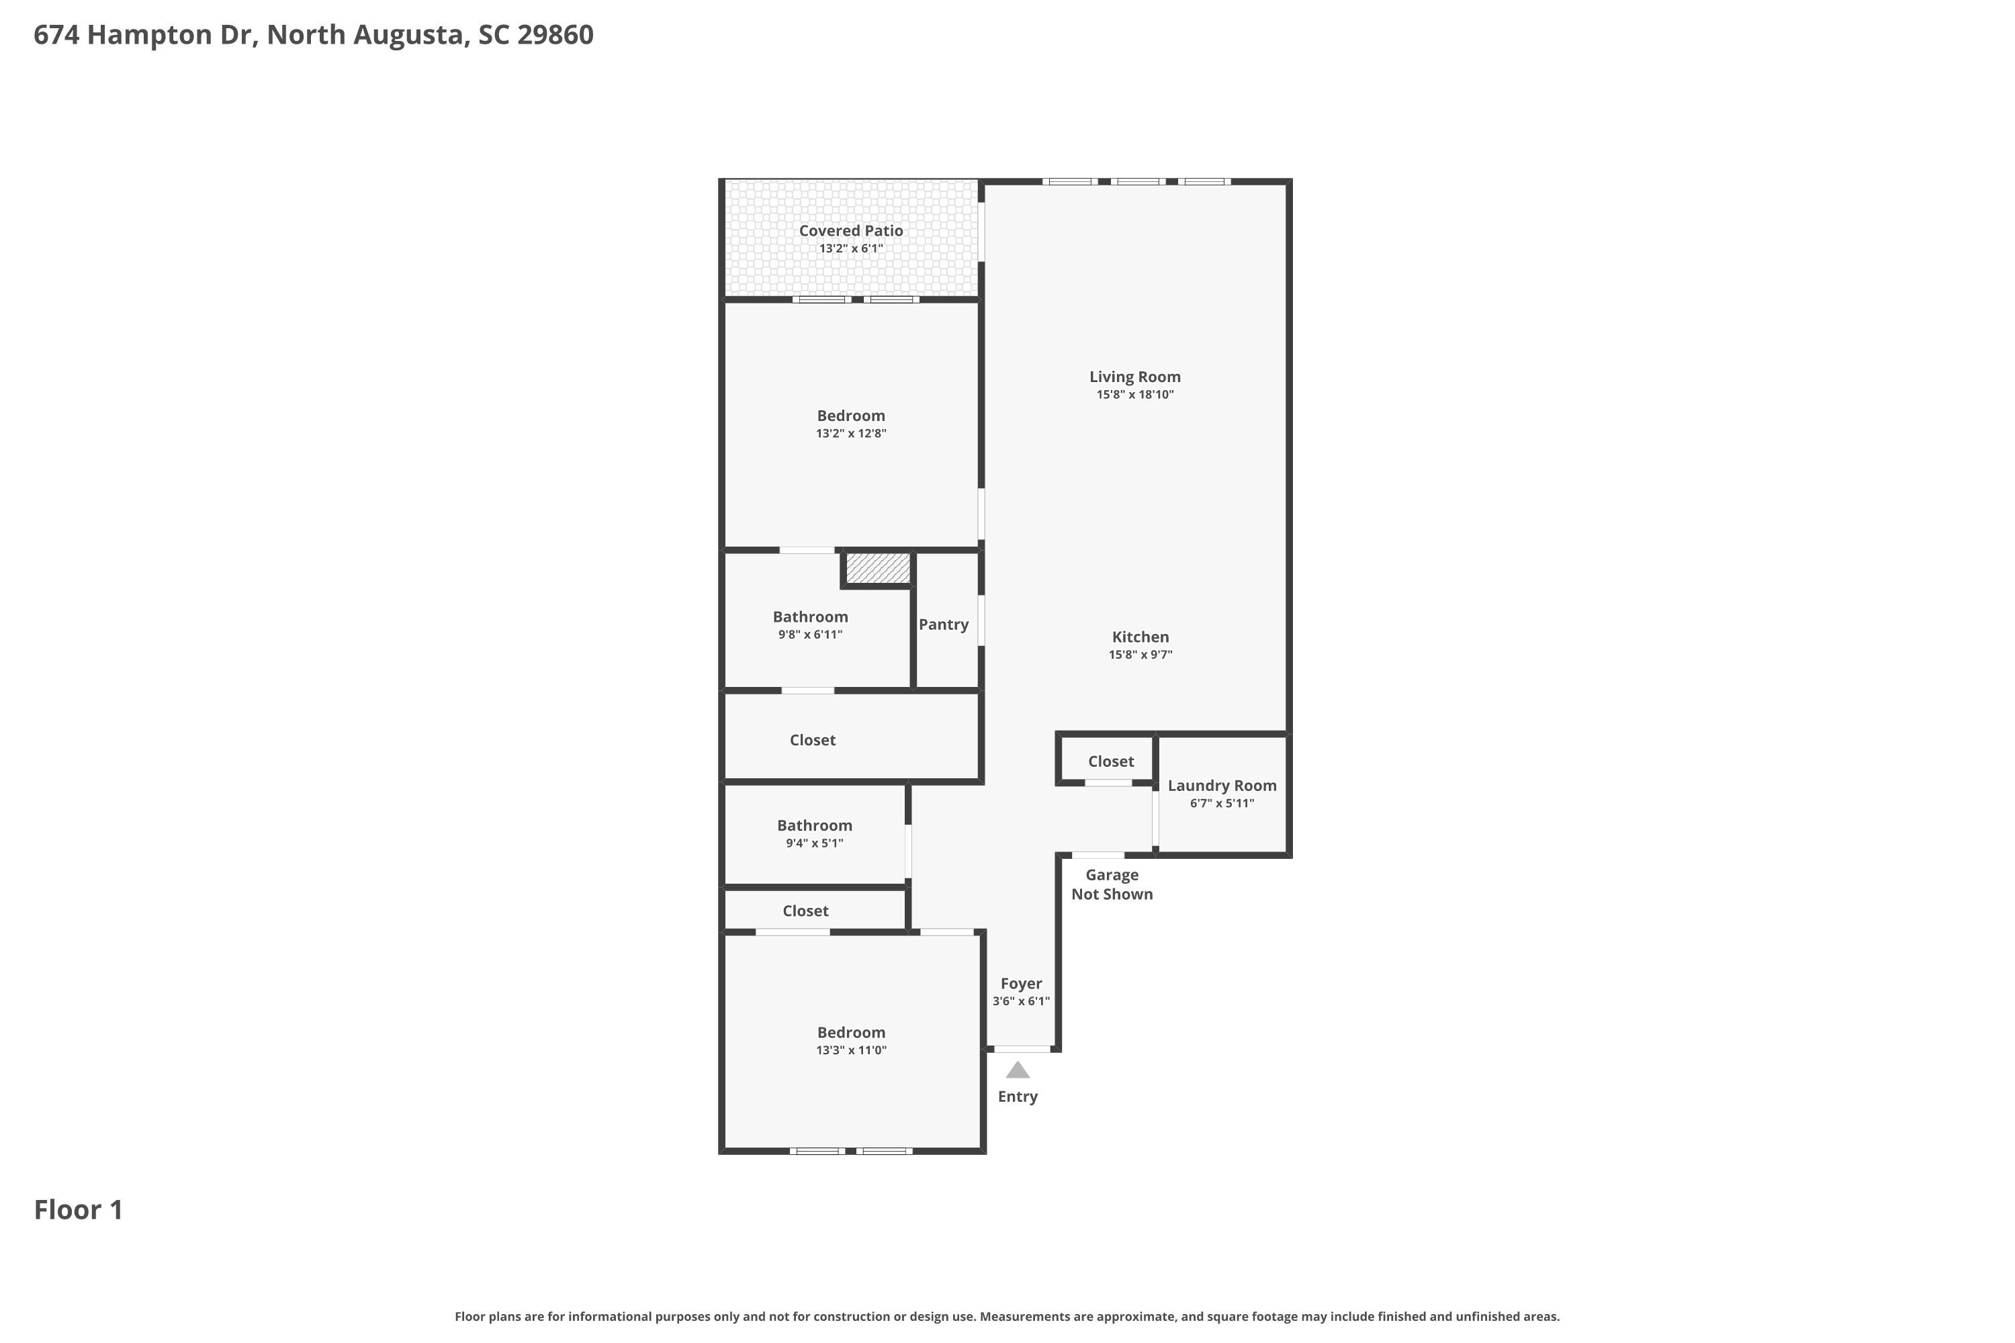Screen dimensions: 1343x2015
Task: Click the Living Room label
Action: coord(1134,377)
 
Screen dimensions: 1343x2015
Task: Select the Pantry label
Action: coord(943,624)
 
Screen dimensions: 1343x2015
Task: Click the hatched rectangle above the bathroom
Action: coord(878,569)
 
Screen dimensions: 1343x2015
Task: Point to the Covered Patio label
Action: coord(851,230)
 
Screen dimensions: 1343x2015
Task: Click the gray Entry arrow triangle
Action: coord(1017,1070)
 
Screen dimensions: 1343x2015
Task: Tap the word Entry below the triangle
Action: coord(1017,1097)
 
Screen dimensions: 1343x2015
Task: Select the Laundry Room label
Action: coord(1222,786)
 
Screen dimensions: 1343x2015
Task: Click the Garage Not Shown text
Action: coord(1112,884)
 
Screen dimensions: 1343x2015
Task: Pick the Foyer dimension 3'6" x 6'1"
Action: coord(1020,1001)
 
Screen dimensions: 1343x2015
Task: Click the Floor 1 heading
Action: coord(78,1209)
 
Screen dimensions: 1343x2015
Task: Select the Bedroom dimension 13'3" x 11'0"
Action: coord(851,1050)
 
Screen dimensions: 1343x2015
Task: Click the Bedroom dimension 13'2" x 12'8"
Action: coord(851,433)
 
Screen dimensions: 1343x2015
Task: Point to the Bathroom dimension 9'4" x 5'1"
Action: coord(814,843)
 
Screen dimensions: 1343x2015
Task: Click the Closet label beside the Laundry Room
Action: coord(1110,761)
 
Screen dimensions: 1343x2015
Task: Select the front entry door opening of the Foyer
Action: coord(1022,1049)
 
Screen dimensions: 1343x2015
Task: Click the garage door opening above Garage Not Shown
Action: coord(1098,855)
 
